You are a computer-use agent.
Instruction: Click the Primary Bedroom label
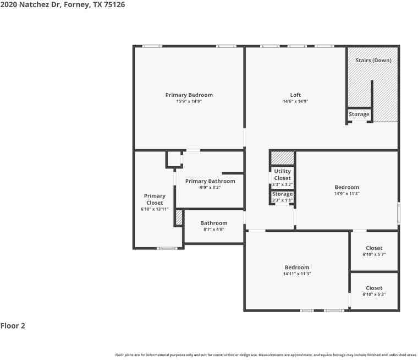click(189, 95)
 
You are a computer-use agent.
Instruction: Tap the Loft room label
click(295, 95)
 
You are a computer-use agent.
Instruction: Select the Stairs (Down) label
click(373, 60)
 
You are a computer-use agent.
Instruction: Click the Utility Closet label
click(282, 174)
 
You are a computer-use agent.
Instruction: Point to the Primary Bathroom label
click(210, 181)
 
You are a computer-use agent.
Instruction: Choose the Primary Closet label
click(155, 199)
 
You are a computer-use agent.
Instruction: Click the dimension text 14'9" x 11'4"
click(346, 194)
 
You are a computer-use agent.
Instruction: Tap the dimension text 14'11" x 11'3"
click(297, 274)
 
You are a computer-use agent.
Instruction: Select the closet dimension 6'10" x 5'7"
click(374, 255)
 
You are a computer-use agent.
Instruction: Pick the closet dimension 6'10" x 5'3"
click(374, 294)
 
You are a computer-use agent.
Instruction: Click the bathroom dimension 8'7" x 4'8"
click(213, 230)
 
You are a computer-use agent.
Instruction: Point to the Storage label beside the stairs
click(359, 114)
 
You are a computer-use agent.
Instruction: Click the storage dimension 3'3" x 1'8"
click(282, 200)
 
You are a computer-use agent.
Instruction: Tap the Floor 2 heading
click(13, 326)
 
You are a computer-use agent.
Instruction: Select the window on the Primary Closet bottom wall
click(167, 248)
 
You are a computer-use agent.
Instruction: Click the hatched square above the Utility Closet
click(282, 157)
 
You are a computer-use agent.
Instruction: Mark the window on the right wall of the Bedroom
click(398, 213)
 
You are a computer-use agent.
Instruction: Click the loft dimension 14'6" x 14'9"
click(295, 101)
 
